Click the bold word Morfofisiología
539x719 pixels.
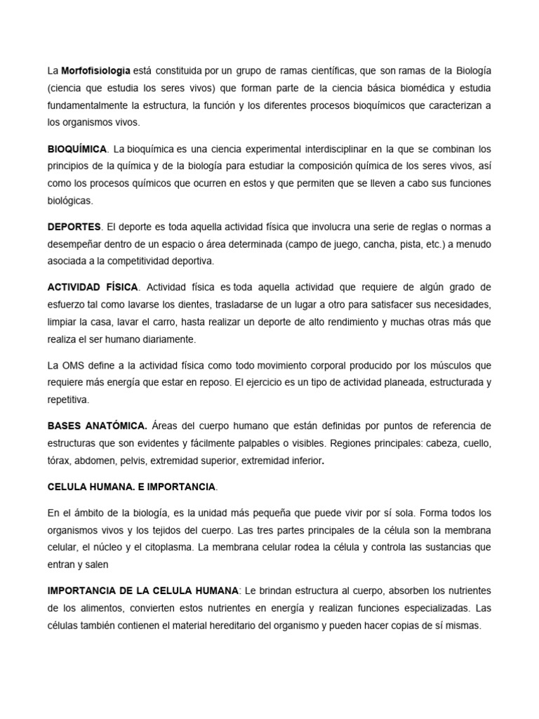pyautogui.click(x=95, y=71)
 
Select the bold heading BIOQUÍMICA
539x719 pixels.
pyautogui.click(x=77, y=150)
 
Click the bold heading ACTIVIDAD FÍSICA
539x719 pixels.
pyautogui.click(x=94, y=286)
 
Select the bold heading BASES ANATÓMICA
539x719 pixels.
pyautogui.click(x=98, y=426)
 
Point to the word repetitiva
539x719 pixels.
pyautogui.click(x=70, y=399)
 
